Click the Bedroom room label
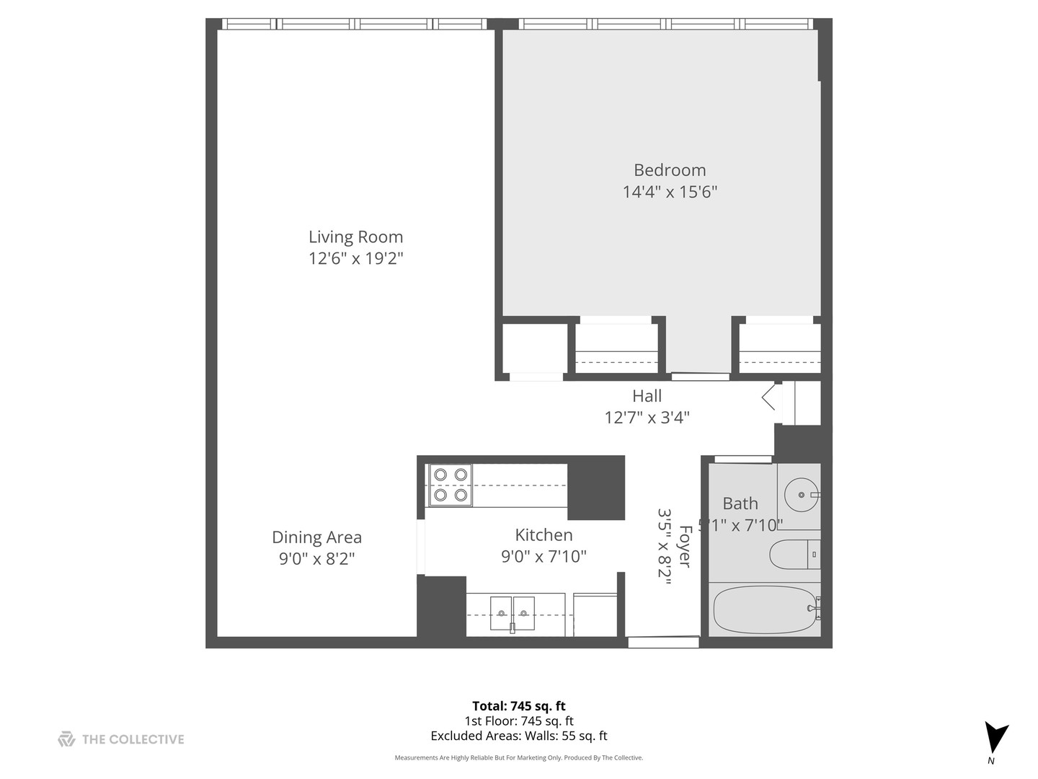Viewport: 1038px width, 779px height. (670, 170)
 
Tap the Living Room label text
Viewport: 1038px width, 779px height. (355, 237)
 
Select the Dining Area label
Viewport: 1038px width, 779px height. (316, 537)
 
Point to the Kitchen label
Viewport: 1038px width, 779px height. (544, 535)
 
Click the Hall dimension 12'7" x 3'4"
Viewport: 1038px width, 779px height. (647, 418)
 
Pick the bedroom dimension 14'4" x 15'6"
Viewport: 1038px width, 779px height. (670, 192)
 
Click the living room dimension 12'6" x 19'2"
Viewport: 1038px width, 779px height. (355, 258)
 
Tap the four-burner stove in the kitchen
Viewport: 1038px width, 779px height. (451, 485)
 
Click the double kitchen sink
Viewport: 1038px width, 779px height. (513, 613)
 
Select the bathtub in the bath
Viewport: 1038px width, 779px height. (764, 609)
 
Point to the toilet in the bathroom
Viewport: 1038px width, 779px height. (793, 554)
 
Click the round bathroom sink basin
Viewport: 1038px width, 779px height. (801, 495)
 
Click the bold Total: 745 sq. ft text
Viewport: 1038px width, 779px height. (519, 706)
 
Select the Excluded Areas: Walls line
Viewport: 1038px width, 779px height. (519, 736)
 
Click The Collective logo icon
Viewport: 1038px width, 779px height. (66, 739)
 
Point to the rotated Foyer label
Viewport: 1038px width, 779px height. (685, 546)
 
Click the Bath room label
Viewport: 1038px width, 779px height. (740, 503)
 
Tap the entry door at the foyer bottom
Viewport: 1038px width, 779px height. (663, 641)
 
